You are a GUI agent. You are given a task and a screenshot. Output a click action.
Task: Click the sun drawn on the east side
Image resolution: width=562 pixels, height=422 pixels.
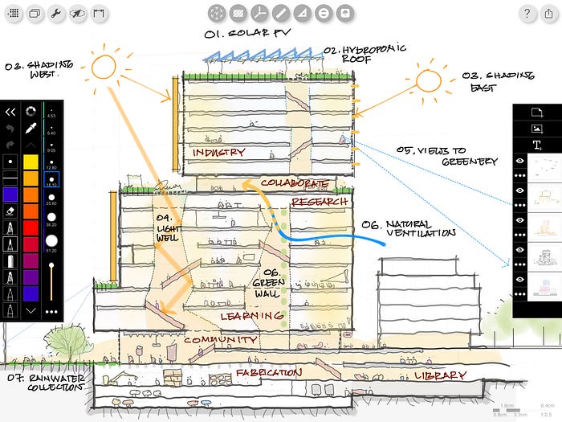click(427, 81)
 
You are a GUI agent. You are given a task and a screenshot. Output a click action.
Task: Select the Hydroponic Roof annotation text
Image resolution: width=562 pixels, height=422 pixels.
click(353, 54)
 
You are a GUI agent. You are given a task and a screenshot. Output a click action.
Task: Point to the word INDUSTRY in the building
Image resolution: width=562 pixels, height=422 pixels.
click(218, 153)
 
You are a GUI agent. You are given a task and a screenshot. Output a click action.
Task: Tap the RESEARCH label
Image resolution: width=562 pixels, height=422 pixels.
click(320, 201)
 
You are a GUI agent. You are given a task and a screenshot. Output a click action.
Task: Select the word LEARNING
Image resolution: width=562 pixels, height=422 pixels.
click(252, 317)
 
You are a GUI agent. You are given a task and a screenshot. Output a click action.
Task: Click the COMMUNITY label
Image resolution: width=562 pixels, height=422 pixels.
click(220, 340)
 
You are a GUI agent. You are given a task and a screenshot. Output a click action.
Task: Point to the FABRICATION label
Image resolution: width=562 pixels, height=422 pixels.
click(268, 373)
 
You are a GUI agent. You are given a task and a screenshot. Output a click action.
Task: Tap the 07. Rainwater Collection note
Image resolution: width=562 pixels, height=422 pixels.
click(44, 381)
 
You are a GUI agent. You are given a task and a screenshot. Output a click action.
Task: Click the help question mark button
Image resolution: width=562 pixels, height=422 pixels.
click(526, 13)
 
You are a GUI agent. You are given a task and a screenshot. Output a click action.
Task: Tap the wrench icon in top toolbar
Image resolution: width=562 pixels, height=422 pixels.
click(57, 13)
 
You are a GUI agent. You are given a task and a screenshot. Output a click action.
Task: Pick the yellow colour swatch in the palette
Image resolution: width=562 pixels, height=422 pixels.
click(31, 162)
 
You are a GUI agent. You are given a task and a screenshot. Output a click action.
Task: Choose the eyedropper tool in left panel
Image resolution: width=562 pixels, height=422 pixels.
click(31, 128)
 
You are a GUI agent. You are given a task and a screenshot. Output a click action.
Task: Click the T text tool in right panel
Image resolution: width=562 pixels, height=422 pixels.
click(536, 145)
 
